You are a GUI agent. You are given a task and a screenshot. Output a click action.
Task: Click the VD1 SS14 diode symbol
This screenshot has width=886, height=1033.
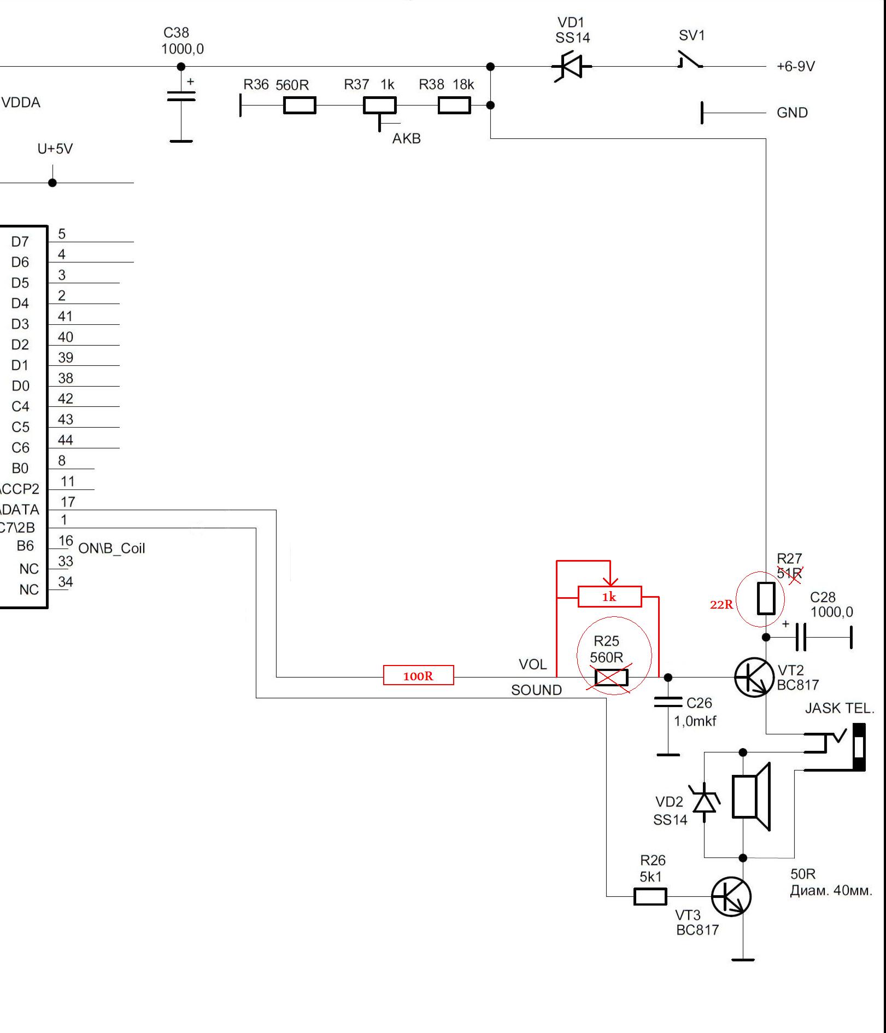[572, 67]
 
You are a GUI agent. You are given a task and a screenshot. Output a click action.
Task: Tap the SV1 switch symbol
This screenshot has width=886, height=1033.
[690, 60]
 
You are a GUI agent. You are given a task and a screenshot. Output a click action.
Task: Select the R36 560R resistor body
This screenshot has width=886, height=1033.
[300, 105]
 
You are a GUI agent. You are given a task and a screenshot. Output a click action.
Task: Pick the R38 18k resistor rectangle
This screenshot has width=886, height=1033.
[454, 105]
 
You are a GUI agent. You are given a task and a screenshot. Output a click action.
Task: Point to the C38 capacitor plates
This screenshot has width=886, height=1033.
[181, 96]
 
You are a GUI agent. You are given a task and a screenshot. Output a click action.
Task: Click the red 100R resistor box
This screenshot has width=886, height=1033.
[419, 675]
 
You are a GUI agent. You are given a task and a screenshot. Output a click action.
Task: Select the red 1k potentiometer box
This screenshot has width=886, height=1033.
[609, 597]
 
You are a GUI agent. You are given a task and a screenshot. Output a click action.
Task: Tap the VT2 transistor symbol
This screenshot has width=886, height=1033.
[754, 677]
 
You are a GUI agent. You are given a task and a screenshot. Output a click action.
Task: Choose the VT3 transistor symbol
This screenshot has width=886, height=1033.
[731, 896]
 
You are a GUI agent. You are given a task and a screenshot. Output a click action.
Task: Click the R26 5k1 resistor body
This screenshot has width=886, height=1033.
[650, 897]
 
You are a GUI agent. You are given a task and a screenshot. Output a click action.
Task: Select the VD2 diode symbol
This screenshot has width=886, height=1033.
[704, 802]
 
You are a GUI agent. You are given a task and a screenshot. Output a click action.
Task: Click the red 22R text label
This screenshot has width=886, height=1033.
[721, 604]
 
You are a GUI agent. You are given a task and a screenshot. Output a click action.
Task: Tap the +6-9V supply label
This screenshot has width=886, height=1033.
[796, 66]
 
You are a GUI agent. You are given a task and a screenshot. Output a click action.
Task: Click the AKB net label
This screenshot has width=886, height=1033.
[407, 138]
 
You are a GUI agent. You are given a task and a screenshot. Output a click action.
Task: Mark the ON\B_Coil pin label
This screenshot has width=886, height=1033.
[112, 548]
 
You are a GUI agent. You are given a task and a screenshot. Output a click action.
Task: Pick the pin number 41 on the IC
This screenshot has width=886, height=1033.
[66, 316]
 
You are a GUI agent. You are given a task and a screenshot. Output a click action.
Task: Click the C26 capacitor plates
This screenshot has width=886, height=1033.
[668, 702]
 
